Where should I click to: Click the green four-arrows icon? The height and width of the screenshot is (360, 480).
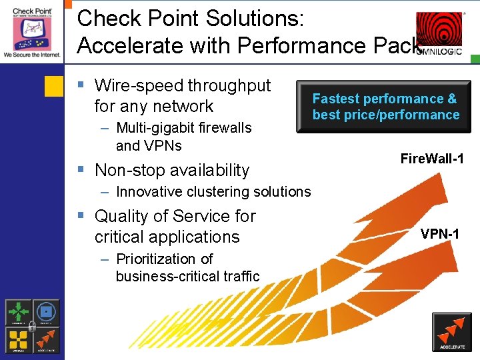pos(19,312)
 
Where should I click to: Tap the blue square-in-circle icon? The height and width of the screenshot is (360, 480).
pos(46,312)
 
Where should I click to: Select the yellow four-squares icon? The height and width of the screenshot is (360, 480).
pos(19,339)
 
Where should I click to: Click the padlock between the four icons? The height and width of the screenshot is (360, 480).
pos(32,326)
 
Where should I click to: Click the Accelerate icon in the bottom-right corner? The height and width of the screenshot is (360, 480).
pos(452,332)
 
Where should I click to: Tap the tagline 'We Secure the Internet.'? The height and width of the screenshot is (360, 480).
pos(31,53)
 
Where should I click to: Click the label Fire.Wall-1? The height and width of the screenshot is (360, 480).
pos(432,158)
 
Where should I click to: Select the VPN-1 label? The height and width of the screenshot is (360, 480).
pos(439,233)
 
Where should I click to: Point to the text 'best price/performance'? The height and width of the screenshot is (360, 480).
pos(386,115)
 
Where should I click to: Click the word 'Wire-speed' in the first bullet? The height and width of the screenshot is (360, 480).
pos(139,85)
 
